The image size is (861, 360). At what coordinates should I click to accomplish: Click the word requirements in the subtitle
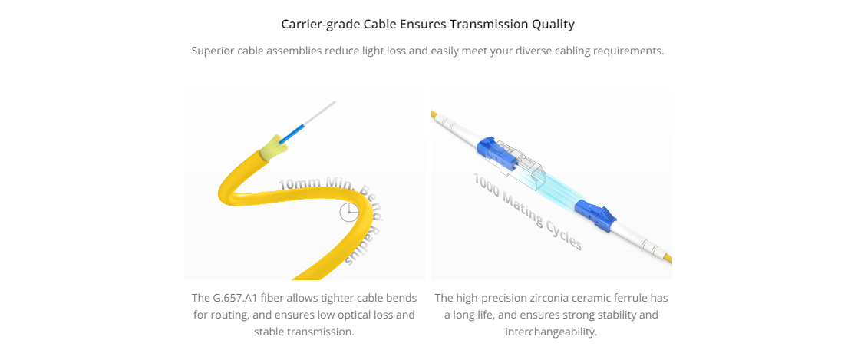coord(629,51)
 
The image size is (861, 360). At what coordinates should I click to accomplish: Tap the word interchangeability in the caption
coord(551,332)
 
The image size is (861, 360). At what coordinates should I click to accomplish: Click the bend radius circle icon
coord(348,212)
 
